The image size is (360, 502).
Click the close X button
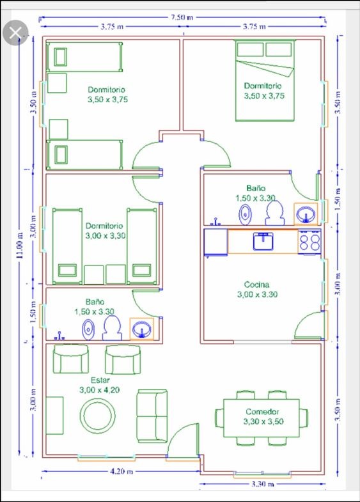(15, 33)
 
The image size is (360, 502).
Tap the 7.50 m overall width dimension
(181, 17)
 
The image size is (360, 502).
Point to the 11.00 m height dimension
(20, 245)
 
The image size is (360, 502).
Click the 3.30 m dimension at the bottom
(262, 483)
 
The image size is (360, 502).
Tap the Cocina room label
(256, 285)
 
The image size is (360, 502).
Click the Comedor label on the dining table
(262, 412)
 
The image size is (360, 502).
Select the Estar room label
(100, 380)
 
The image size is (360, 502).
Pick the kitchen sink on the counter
(263, 241)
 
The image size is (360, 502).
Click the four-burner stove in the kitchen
(309, 242)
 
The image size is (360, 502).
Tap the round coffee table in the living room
(97, 415)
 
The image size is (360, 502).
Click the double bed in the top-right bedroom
(265, 81)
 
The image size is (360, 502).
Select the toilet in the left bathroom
(112, 328)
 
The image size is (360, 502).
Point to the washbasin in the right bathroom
(306, 213)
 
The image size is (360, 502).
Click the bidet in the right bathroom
(246, 214)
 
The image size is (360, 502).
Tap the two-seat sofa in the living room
(152, 416)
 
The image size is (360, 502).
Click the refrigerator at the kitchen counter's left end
(216, 242)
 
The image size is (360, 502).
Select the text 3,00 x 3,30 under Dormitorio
(106, 236)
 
